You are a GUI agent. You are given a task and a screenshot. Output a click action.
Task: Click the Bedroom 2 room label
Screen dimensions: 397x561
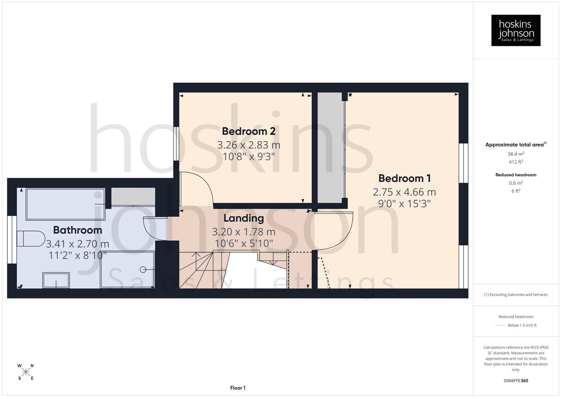(249, 131)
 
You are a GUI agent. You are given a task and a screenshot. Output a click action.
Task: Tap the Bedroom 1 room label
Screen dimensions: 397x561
(404, 178)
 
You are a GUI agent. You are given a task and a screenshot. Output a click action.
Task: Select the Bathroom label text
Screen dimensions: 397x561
(78, 230)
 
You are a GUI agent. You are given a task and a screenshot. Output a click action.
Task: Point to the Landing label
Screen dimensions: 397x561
(244, 218)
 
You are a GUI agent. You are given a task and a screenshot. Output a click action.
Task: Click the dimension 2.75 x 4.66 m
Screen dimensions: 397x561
(404, 192)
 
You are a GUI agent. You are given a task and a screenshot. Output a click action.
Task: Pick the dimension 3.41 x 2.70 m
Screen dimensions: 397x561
(78, 244)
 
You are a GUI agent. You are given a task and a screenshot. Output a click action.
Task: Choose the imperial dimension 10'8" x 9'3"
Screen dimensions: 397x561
(249, 157)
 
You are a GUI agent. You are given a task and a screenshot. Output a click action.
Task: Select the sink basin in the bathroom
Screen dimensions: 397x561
(56, 280)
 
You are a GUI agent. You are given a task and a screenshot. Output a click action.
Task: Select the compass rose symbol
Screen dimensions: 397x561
(26, 372)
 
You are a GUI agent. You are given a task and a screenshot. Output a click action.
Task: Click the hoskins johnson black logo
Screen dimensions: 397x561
(516, 31)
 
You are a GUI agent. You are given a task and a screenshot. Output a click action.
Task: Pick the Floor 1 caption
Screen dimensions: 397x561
(238, 388)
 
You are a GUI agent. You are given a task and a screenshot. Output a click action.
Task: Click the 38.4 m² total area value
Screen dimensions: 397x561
(516, 154)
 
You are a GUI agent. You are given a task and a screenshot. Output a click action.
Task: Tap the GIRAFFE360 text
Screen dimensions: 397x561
(516, 380)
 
